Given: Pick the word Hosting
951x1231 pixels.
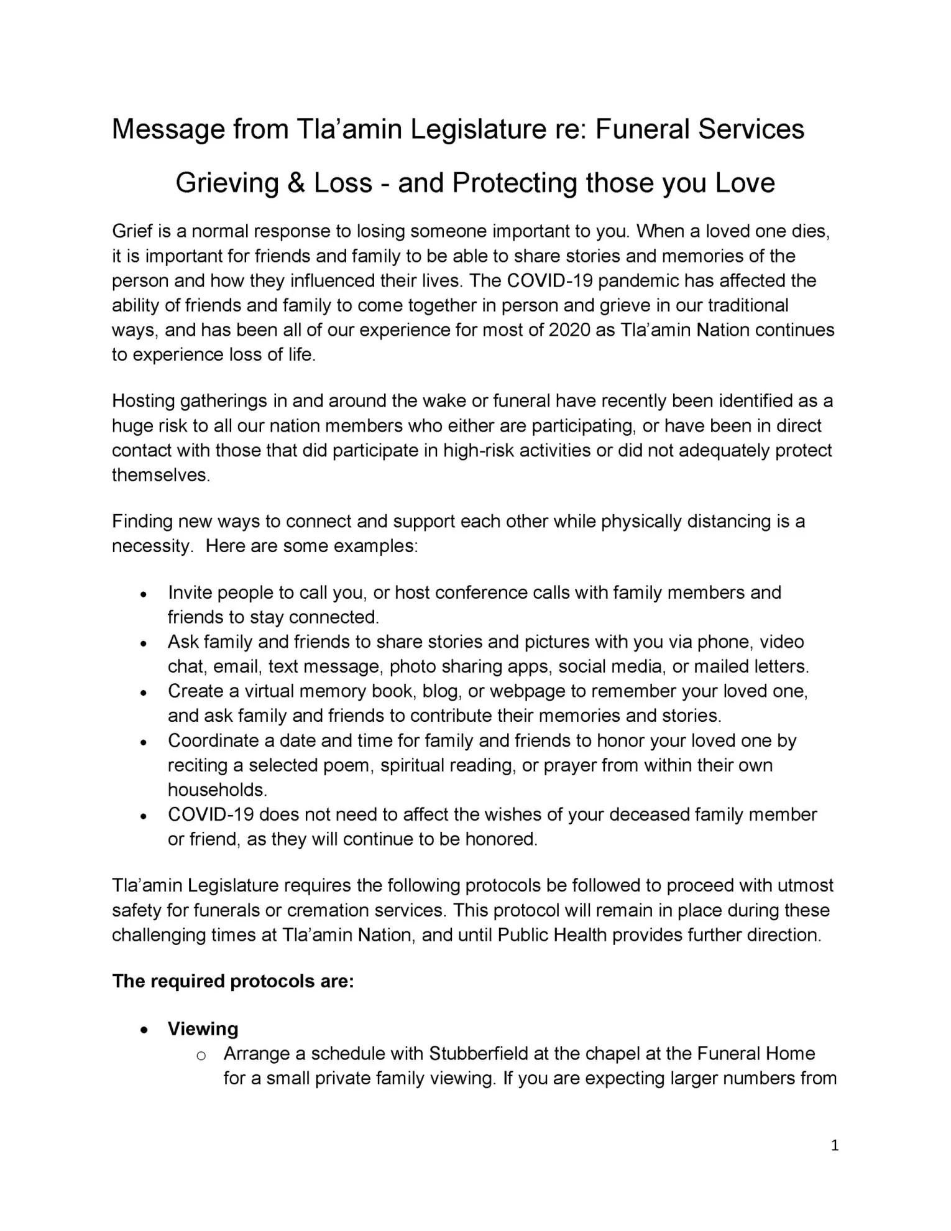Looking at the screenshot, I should click(x=143, y=401).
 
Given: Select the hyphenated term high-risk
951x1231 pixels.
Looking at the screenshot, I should click(x=478, y=450).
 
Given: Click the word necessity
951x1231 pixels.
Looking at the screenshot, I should click(x=150, y=546).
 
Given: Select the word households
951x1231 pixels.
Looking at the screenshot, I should click(x=217, y=790).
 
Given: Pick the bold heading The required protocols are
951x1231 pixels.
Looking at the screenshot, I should click(x=233, y=981).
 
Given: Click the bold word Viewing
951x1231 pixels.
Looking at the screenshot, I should click(x=203, y=1029).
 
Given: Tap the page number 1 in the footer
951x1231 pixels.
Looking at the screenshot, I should click(x=834, y=1145).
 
